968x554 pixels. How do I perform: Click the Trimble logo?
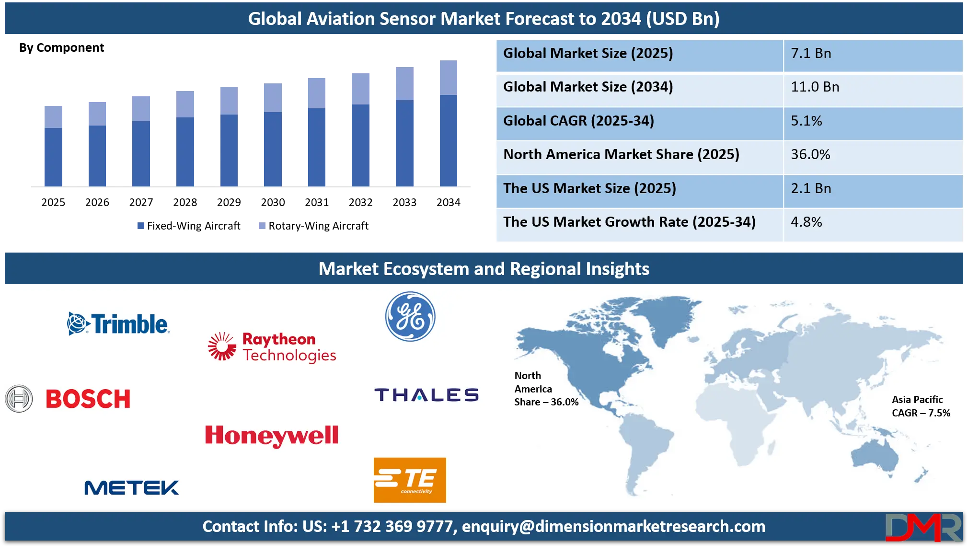click(119, 324)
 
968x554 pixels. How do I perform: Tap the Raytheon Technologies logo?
click(272, 347)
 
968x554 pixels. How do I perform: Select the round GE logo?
click(410, 317)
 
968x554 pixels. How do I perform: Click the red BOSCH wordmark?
click(88, 399)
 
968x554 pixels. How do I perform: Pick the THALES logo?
click(426, 395)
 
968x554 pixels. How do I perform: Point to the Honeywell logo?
click(272, 436)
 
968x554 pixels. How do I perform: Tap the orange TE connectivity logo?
click(410, 480)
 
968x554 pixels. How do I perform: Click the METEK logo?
click(131, 488)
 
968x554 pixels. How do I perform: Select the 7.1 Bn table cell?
click(872, 54)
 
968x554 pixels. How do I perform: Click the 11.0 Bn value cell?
click(872, 87)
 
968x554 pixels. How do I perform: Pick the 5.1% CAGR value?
click(872, 121)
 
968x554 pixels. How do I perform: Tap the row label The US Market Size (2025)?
click(589, 188)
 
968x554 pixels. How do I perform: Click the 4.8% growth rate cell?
click(872, 222)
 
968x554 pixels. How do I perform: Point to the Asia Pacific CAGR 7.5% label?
click(921, 406)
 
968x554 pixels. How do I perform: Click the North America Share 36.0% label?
click(546, 389)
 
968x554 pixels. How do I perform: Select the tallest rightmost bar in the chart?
click(449, 122)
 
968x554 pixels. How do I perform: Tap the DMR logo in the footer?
click(923, 527)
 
